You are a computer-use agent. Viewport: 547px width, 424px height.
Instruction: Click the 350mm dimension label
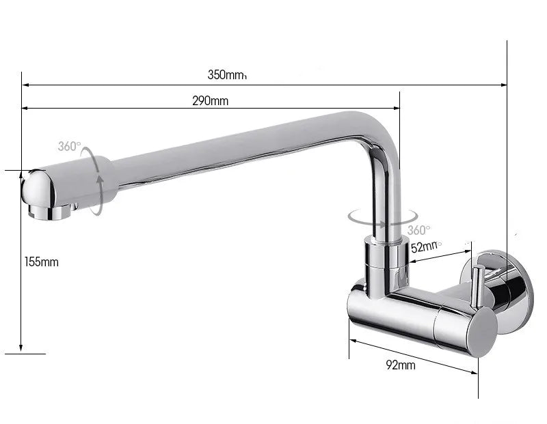pos(226,75)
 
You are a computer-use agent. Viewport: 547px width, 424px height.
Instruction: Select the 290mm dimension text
pos(210,101)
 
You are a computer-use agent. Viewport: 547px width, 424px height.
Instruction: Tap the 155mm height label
pos(42,262)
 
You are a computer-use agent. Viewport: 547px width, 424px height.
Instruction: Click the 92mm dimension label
pos(401,365)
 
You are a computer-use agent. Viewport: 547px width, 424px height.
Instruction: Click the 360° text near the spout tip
pos(69,146)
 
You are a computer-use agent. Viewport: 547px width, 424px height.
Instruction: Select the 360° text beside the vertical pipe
pos(418,230)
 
